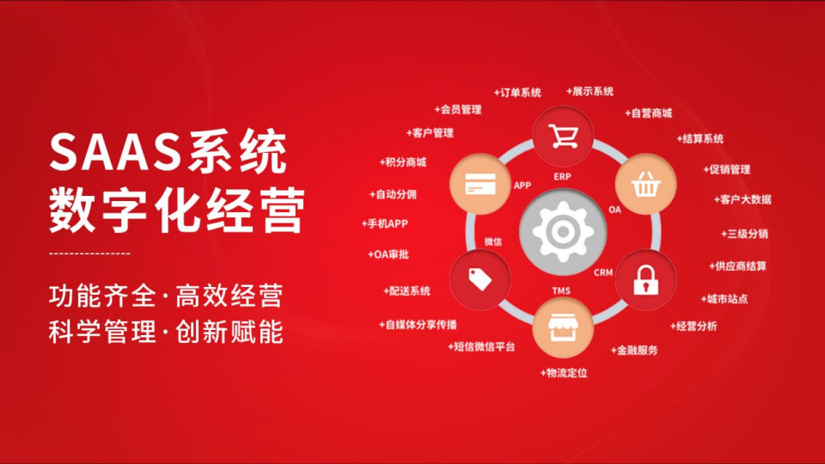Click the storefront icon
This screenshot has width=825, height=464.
point(563,328)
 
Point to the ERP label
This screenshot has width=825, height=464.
point(562,176)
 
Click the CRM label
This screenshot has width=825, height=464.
point(603,272)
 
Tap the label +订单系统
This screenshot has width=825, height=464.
point(517,92)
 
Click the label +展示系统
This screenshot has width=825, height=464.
point(590,91)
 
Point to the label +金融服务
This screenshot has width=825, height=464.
point(634,351)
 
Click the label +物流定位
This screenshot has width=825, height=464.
point(564,373)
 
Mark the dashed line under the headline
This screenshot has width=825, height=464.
point(90,253)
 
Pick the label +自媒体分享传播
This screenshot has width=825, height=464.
point(418,325)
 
